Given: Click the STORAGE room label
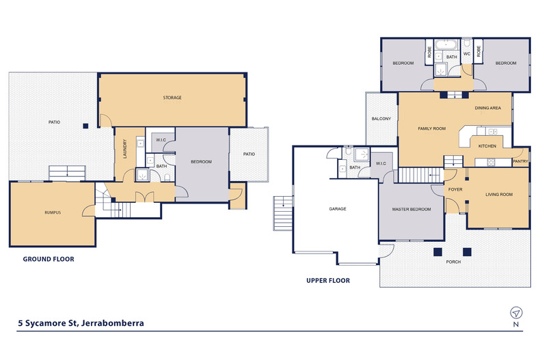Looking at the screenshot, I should [x=172, y=98].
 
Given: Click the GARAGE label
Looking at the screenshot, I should [x=338, y=209].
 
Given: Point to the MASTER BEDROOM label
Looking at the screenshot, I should [x=411, y=209].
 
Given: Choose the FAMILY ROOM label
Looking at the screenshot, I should [x=431, y=128].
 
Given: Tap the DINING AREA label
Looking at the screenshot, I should [x=488, y=108].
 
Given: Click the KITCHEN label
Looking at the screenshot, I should [x=487, y=146].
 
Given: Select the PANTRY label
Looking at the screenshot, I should [x=520, y=161].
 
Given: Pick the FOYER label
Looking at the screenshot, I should [x=455, y=190].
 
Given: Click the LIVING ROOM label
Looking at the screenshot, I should [x=499, y=195].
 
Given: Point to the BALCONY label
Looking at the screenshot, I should [x=381, y=119].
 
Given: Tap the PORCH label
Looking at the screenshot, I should [x=453, y=261].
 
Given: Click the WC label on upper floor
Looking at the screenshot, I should [x=467, y=53].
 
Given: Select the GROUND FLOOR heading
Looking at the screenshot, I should [x=49, y=259].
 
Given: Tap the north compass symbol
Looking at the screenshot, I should [x=515, y=313].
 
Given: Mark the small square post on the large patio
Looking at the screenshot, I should [x=85, y=126].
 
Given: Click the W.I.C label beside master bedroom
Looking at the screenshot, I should [x=381, y=163].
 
